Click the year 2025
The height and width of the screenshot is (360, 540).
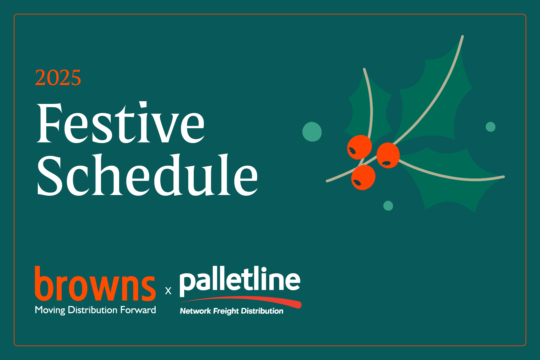tap(58, 78)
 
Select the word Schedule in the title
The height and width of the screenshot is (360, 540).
tap(147, 174)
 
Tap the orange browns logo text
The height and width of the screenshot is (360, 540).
tap(95, 284)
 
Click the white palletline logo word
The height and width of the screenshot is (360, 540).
tap(240, 281)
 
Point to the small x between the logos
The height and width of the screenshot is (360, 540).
tap(168, 291)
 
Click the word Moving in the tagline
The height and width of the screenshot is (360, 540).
tap(50, 310)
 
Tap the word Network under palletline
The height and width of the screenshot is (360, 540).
tap(195, 311)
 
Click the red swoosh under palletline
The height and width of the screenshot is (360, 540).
tap(241, 301)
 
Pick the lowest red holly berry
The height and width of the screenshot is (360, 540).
tap(363, 177)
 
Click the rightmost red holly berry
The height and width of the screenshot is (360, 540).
tap(388, 155)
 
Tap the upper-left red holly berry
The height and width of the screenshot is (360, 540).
tap(359, 147)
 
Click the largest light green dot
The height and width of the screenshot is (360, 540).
tap(312, 132)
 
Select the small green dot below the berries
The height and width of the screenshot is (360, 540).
tap(388, 206)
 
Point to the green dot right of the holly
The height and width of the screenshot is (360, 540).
tap(491, 127)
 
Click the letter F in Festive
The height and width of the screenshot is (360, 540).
tap(49, 123)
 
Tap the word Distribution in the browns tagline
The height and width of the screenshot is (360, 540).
tap(93, 310)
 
